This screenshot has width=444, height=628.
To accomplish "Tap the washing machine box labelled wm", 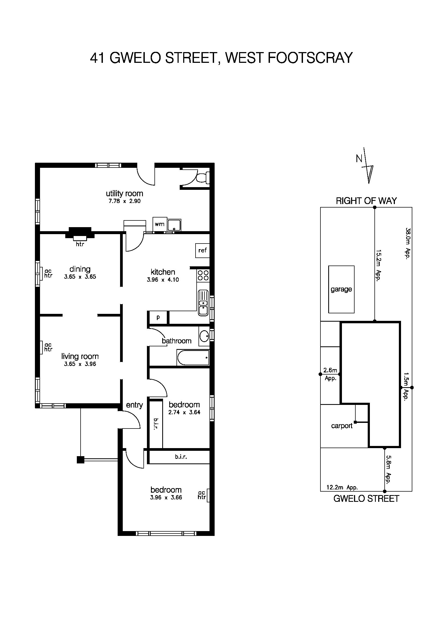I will (x=159, y=224).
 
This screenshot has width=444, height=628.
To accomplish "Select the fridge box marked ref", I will (x=203, y=250).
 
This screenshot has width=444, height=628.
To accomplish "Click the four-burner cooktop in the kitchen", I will (x=203, y=275).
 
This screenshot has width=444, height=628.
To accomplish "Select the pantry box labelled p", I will (x=158, y=318).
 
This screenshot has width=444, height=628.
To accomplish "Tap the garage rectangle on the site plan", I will (x=341, y=289).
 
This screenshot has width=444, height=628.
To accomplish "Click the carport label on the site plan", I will (x=341, y=426).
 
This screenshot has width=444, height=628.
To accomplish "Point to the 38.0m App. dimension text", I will (x=408, y=244).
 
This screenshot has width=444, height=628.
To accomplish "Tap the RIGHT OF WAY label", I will (x=366, y=201).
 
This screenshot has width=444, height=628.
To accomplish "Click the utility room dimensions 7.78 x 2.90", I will (x=124, y=201).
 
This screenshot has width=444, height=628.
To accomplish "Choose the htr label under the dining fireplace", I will (x=80, y=244).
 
